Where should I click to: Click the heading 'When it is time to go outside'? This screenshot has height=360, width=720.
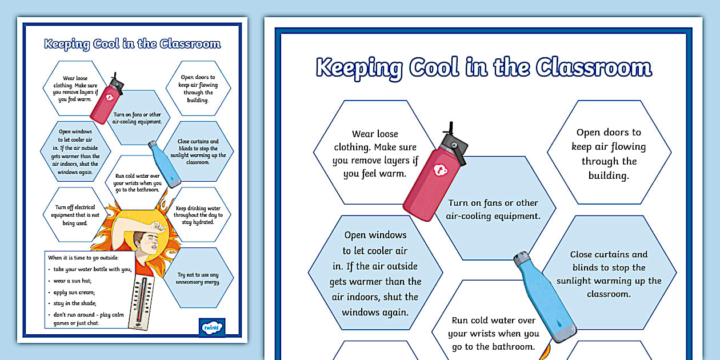(83, 258)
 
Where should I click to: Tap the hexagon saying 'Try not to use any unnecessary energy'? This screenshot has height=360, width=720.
(198, 278)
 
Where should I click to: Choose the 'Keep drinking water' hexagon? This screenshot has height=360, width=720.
(198, 215)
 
